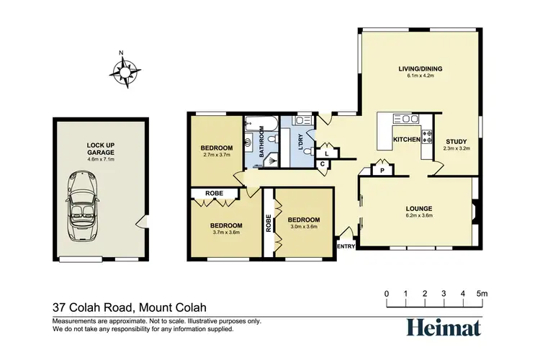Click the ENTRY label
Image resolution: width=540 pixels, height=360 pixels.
(346, 247)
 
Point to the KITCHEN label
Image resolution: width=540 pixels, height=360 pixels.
(406, 140)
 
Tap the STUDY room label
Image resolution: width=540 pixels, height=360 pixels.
(456, 142)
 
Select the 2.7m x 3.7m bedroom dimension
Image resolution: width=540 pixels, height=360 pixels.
(216, 155)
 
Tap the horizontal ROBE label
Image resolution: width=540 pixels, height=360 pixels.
(213, 194)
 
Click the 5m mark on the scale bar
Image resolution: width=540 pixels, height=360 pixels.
(482, 294)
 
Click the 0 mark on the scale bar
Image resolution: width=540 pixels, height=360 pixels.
(387, 294)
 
